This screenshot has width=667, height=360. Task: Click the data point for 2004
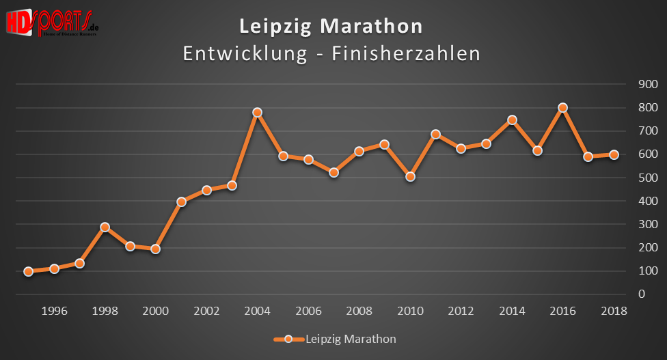257,112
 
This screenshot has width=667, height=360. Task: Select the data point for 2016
562,107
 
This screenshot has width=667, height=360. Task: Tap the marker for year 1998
105,227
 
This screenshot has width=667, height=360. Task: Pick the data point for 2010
410,177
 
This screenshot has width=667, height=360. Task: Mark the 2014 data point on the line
512,120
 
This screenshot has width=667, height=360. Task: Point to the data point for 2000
155,249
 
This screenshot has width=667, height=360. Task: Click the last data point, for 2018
614,154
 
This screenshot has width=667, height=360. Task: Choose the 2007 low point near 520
333,173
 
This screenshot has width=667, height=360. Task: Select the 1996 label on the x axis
54,311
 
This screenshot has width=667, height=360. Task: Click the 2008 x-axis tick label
359,311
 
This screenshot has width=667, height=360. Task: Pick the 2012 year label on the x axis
461,311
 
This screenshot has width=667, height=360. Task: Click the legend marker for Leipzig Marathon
288,339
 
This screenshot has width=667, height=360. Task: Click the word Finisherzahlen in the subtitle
406,54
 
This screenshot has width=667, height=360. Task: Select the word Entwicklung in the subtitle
245,54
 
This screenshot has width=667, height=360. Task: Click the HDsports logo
52,23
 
